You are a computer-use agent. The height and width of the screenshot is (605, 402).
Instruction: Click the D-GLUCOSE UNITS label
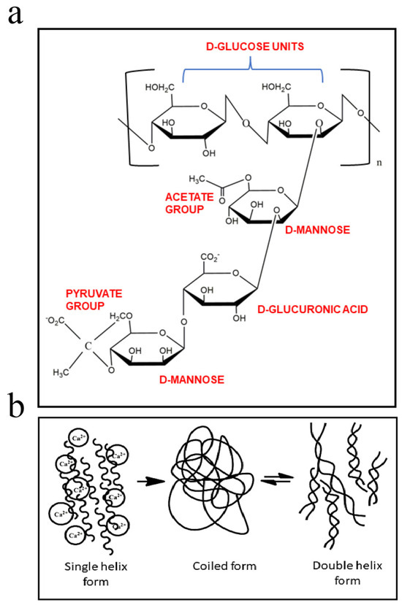point(255,47)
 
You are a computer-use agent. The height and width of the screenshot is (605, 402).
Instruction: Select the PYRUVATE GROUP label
point(94,299)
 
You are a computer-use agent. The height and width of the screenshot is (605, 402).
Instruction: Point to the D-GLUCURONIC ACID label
point(312,309)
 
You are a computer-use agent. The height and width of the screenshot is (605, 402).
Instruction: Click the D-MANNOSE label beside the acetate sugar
point(317,230)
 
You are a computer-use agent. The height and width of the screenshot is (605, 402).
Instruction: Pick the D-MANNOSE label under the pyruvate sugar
point(191,379)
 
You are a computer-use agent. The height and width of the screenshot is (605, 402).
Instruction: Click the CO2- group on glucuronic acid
point(210,258)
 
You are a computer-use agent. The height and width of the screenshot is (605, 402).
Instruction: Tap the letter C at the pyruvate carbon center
point(88,346)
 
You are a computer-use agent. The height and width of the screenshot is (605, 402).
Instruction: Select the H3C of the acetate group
point(197,179)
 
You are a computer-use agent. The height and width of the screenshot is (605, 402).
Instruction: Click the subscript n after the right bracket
point(379,163)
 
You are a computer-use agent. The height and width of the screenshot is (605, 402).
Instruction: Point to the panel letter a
point(15,15)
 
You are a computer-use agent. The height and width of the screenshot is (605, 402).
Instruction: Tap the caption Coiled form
point(224,566)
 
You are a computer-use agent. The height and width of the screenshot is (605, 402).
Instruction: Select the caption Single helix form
point(96,574)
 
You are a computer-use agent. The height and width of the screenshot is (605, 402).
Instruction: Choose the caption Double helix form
point(347,573)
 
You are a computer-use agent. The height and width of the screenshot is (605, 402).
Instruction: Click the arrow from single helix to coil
point(151,481)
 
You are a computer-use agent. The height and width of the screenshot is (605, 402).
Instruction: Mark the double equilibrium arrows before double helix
point(277,479)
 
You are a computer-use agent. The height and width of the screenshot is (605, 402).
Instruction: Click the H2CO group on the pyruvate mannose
point(121,317)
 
